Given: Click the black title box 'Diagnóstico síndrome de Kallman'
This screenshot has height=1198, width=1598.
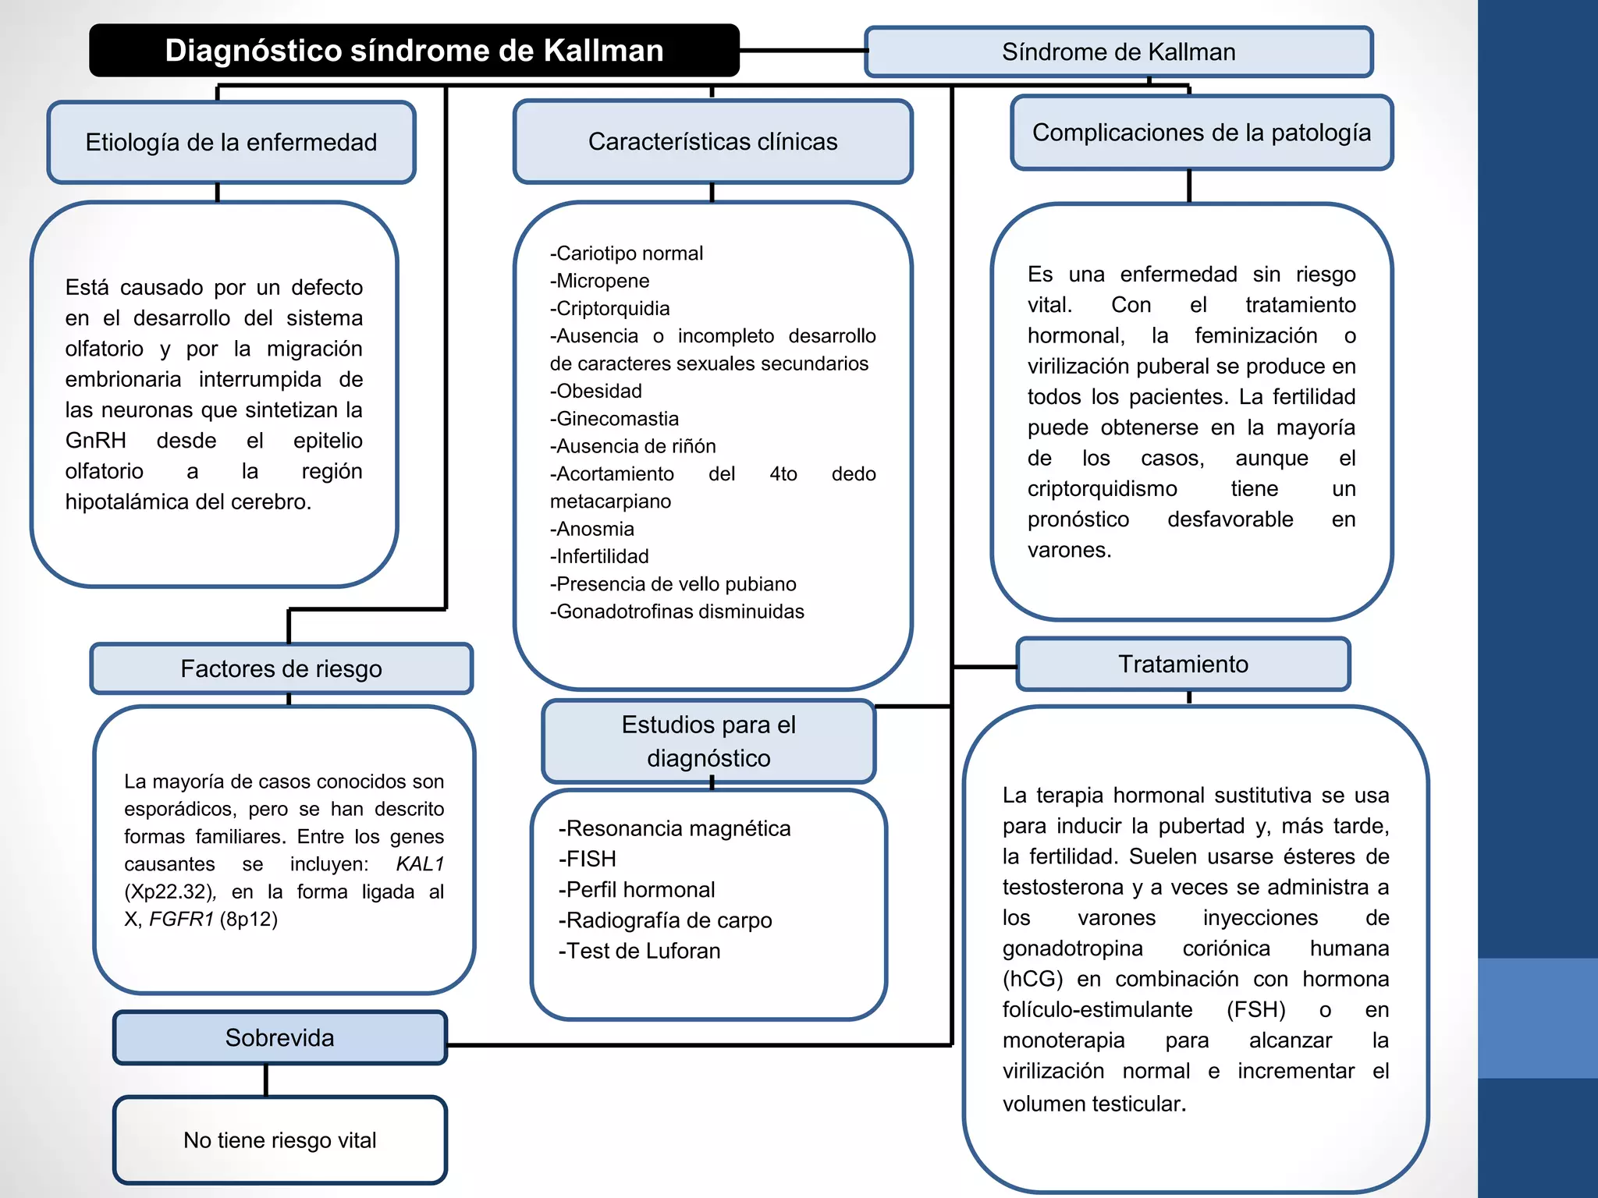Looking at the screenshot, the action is [414, 51].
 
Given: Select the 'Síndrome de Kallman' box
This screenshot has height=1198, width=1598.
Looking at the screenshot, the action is [1119, 52].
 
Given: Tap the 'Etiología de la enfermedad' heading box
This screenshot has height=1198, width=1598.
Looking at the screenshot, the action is [231, 142].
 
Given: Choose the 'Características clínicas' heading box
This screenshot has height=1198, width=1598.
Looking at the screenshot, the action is [712, 141].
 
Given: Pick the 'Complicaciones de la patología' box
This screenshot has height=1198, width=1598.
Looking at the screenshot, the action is [1202, 133].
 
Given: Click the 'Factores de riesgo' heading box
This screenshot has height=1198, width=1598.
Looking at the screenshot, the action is [282, 668].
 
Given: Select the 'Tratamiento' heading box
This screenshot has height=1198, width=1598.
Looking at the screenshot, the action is [1184, 664].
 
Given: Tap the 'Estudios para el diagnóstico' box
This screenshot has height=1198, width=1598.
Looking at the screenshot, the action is [708, 741].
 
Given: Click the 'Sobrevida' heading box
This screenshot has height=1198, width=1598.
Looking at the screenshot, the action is [280, 1037].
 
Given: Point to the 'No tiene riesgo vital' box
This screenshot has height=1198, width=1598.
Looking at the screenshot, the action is [280, 1140].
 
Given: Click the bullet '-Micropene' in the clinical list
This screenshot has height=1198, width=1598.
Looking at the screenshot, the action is [599, 281].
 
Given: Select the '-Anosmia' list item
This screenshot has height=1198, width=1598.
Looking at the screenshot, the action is [592, 529].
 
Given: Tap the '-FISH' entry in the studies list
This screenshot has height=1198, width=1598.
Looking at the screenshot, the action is [587, 859].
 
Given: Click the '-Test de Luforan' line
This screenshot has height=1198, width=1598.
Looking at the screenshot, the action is [639, 951].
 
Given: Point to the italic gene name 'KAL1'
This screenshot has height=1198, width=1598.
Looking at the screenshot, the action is [420, 864].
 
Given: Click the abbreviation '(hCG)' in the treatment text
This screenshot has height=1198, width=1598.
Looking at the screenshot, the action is [1033, 979].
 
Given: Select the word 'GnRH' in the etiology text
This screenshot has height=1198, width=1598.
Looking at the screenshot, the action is [95, 441].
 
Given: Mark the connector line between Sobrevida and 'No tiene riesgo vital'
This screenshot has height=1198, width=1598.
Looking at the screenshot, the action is [266, 1080].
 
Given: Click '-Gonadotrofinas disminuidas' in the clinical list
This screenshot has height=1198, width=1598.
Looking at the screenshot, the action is [676, 611].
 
